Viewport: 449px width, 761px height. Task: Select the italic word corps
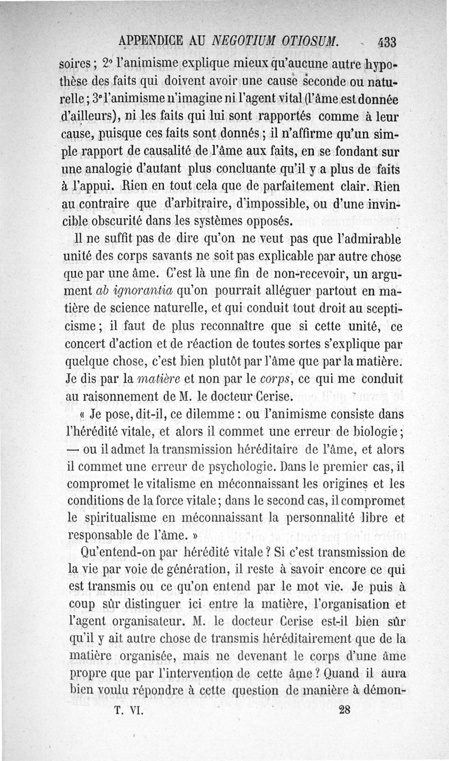click(x=274, y=379)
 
